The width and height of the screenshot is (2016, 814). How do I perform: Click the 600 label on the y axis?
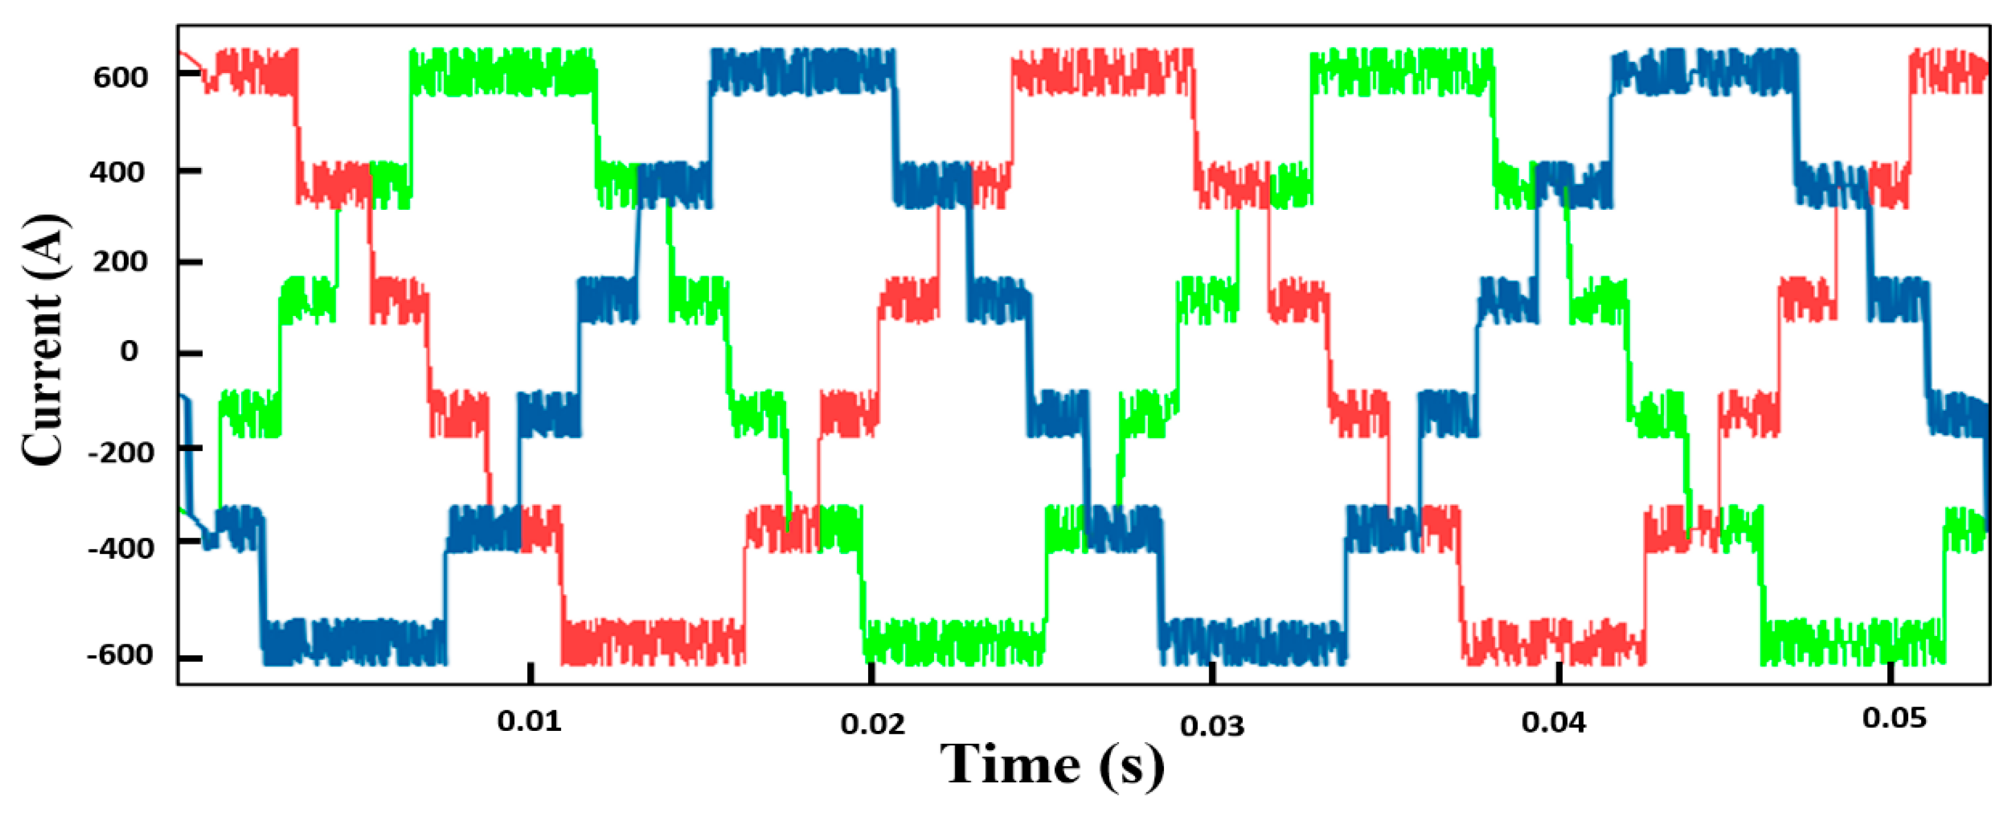(120, 77)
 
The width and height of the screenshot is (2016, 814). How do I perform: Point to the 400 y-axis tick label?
(117, 172)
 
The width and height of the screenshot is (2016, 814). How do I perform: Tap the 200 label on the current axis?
(120, 262)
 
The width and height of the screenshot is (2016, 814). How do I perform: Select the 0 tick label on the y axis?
(129, 352)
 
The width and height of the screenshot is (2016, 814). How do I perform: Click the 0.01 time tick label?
(529, 721)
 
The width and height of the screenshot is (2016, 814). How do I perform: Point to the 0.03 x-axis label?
(1212, 726)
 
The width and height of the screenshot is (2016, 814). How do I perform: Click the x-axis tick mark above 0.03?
(1212, 673)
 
